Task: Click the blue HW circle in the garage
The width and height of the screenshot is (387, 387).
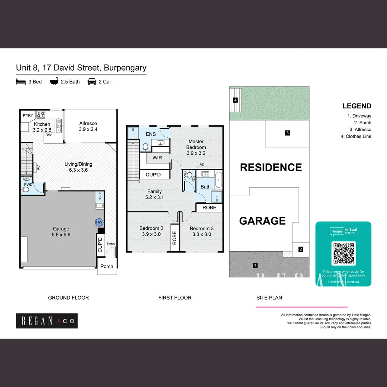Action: tap(99, 222)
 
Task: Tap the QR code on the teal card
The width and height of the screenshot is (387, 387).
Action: tap(344, 253)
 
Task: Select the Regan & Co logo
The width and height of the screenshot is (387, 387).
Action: tap(47, 321)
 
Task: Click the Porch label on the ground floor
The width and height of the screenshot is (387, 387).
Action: tap(107, 266)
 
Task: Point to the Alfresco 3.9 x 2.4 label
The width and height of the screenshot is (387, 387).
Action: tap(88, 126)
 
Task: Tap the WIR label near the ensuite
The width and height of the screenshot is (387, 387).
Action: tap(157, 158)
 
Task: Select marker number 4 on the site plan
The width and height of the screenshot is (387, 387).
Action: tap(235, 100)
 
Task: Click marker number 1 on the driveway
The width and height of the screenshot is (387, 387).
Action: tap(255, 266)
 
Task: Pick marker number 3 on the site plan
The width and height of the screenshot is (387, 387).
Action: tap(287, 133)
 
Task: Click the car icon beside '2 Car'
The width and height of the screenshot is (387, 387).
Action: tap(92, 81)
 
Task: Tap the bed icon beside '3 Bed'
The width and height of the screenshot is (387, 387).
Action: tap(21, 82)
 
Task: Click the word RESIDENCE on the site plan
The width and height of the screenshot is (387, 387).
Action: tap(271, 167)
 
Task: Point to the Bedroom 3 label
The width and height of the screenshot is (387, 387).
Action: tap(200, 231)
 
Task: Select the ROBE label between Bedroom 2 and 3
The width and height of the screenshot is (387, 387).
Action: tap(175, 238)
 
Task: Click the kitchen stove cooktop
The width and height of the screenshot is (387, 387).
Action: tap(40, 115)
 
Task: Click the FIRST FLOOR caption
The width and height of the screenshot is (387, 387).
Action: tap(175, 298)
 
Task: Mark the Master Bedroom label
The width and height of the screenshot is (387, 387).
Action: tap(196, 147)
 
